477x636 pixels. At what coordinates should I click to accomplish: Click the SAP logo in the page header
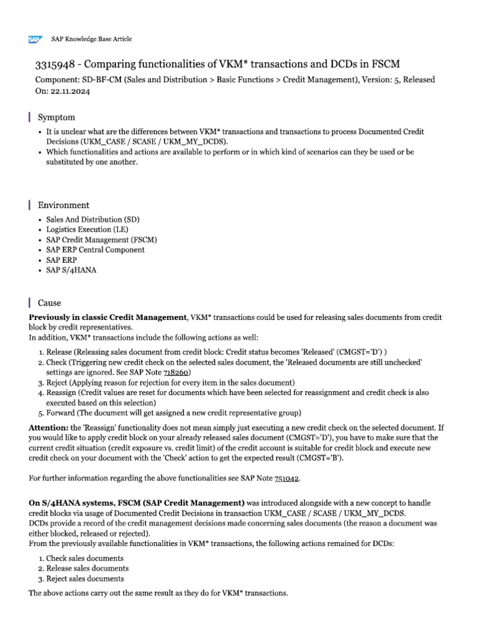pyautogui.click(x=35, y=39)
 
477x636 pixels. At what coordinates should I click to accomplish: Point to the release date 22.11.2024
pyautogui.click(x=70, y=91)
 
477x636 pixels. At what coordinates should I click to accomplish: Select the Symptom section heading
pyautogui.click(x=57, y=117)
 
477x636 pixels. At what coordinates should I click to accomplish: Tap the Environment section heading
pyautogui.click(x=63, y=205)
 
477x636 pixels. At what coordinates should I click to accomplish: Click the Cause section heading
pyautogui.click(x=50, y=303)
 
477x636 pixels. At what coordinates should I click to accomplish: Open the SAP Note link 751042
pyautogui.click(x=287, y=478)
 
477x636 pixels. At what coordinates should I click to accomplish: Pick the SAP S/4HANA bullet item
pyautogui.click(x=71, y=270)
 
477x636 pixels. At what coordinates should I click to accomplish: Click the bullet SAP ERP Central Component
pyautogui.click(x=95, y=250)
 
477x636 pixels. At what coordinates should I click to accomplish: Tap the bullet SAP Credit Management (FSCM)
pyautogui.click(x=101, y=240)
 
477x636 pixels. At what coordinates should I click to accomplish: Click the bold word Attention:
pyautogui.click(x=49, y=428)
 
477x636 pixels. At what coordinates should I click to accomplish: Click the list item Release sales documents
pyautogui.click(x=88, y=568)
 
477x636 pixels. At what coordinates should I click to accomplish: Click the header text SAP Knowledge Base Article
pyautogui.click(x=91, y=39)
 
